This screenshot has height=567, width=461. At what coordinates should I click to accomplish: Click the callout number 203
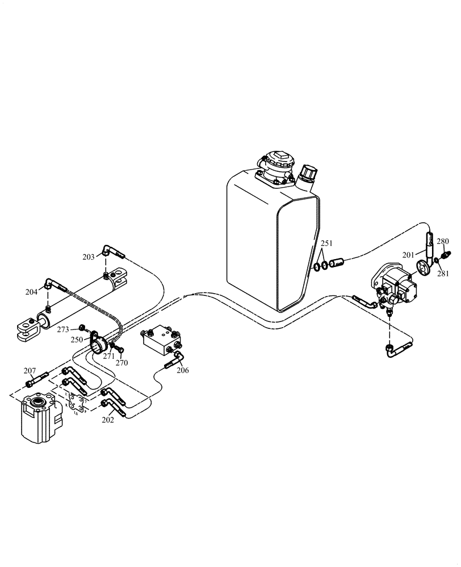tap(88, 257)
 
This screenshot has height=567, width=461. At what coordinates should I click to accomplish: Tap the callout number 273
tap(62, 329)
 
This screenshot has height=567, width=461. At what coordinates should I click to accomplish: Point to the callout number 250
tap(76, 340)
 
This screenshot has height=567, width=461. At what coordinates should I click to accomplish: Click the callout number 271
tap(108, 356)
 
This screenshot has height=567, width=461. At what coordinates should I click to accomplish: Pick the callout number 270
tap(121, 363)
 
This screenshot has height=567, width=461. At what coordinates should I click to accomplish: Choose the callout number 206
tap(182, 370)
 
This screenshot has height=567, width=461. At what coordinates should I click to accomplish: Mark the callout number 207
tap(30, 371)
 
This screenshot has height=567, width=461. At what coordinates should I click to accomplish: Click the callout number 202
tap(107, 420)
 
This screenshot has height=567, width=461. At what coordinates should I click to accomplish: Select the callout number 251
tap(326, 244)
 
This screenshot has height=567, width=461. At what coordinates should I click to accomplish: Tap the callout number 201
tap(409, 255)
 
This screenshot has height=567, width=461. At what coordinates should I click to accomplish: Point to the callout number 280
tap(443, 241)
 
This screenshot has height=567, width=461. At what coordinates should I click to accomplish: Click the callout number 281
tap(443, 273)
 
